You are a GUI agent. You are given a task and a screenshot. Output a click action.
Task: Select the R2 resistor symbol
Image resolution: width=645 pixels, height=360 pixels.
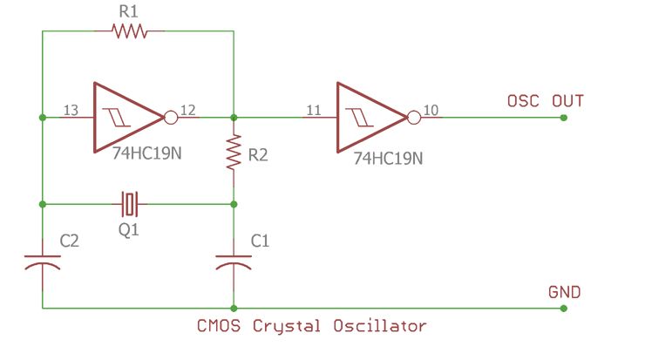coord(234,153)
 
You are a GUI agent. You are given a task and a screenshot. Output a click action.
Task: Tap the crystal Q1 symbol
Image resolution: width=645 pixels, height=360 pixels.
coord(130,204)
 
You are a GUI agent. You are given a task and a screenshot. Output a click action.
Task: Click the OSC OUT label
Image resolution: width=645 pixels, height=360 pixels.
coord(545,101)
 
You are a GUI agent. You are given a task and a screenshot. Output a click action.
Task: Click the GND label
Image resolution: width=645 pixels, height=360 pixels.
coord(564,291)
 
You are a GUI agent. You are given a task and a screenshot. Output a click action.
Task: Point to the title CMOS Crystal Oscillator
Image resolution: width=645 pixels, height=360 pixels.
coord(313,326)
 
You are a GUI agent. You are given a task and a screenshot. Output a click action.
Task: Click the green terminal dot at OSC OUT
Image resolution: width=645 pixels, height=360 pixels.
coord(564,117)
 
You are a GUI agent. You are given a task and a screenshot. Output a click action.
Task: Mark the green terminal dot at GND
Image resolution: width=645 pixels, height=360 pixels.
coord(564,308)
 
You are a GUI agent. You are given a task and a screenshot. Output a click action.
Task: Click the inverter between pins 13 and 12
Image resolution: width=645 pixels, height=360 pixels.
coord(126,117)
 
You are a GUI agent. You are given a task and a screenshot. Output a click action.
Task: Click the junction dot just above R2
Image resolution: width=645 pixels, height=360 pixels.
coord(234,117)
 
